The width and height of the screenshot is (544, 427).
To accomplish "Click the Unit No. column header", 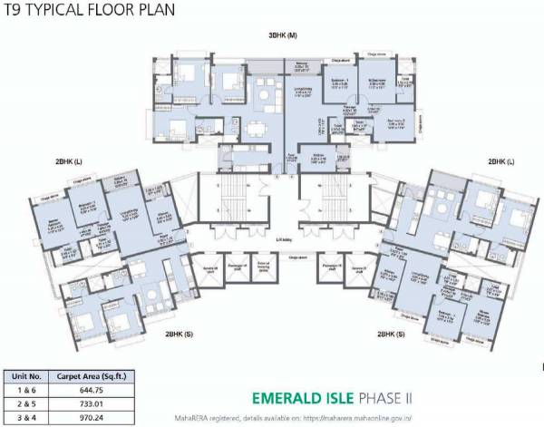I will [24, 374].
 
